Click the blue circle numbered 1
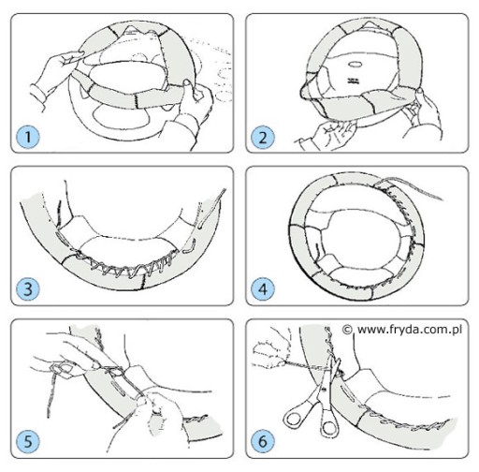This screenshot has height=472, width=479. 28,137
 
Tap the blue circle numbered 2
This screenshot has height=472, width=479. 263,137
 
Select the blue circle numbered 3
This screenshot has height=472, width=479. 28,288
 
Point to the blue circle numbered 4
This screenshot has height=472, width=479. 263,288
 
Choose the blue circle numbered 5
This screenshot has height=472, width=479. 28,441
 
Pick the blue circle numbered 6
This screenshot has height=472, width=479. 263,441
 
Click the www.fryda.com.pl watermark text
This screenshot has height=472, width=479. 410,330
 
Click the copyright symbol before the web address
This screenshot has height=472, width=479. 347,330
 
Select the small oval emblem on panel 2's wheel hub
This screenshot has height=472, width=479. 355,64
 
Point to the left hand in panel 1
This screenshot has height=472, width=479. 53,78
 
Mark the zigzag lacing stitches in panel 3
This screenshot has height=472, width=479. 124,264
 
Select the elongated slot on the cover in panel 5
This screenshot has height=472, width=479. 118,388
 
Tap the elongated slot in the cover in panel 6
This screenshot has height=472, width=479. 348,392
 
